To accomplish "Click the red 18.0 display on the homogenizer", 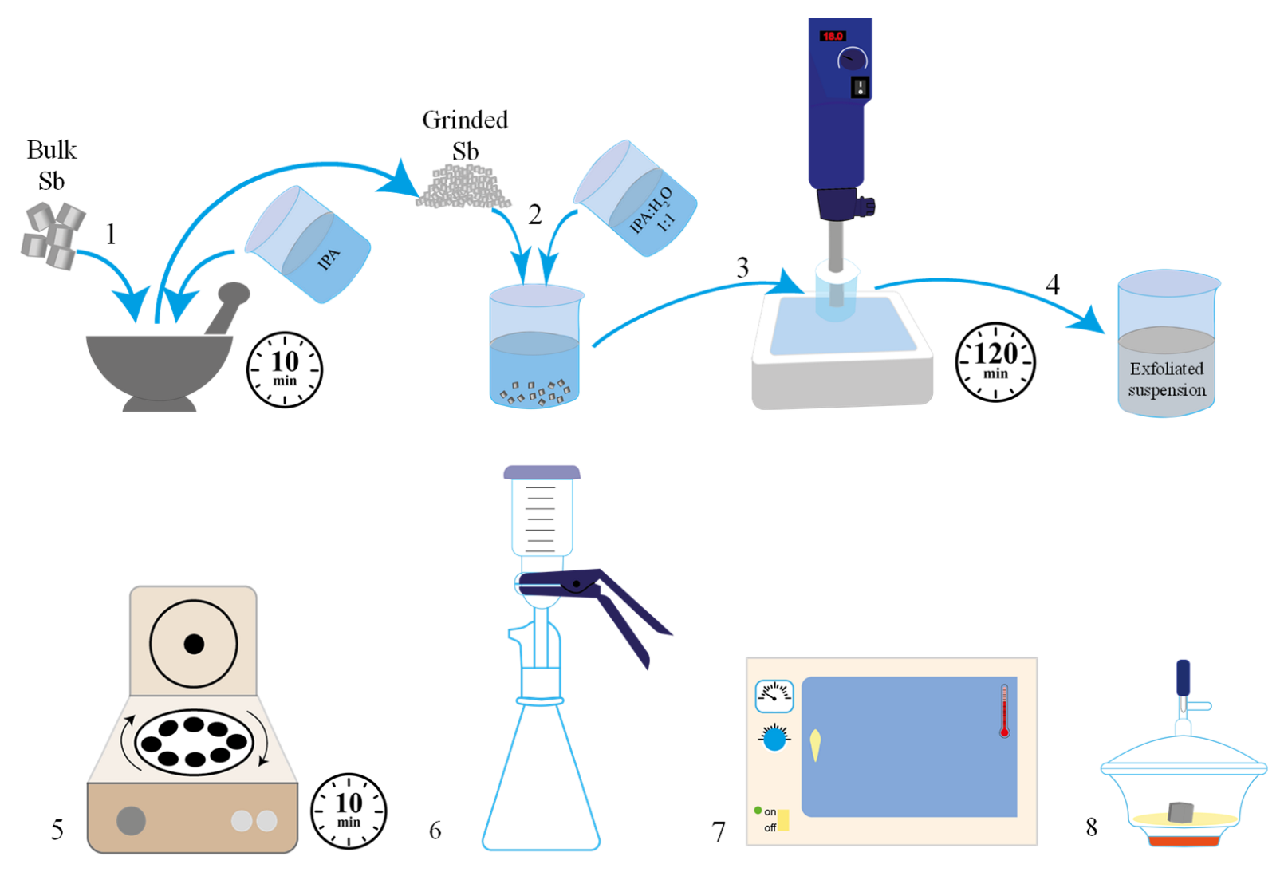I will click(x=832, y=36).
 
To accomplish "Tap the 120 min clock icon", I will click(x=995, y=361).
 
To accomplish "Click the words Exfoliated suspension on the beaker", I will click(x=1166, y=379).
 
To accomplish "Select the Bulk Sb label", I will click(x=51, y=165).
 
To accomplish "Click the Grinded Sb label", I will click(x=465, y=135).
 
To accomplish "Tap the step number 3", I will click(x=742, y=267).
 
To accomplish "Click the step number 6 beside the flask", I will click(x=435, y=831).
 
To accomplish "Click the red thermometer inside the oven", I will click(x=1004, y=710).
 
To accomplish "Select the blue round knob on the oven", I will click(x=774, y=739).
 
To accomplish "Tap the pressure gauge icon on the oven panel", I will click(x=774, y=696).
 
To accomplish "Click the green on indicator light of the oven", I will click(x=758, y=810).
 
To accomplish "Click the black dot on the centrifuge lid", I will click(x=194, y=644).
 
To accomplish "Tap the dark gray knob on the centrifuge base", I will click(x=131, y=820).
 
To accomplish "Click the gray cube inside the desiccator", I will click(x=1180, y=812).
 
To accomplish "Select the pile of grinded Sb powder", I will click(x=463, y=188).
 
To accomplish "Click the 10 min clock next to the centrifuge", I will click(x=349, y=811).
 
